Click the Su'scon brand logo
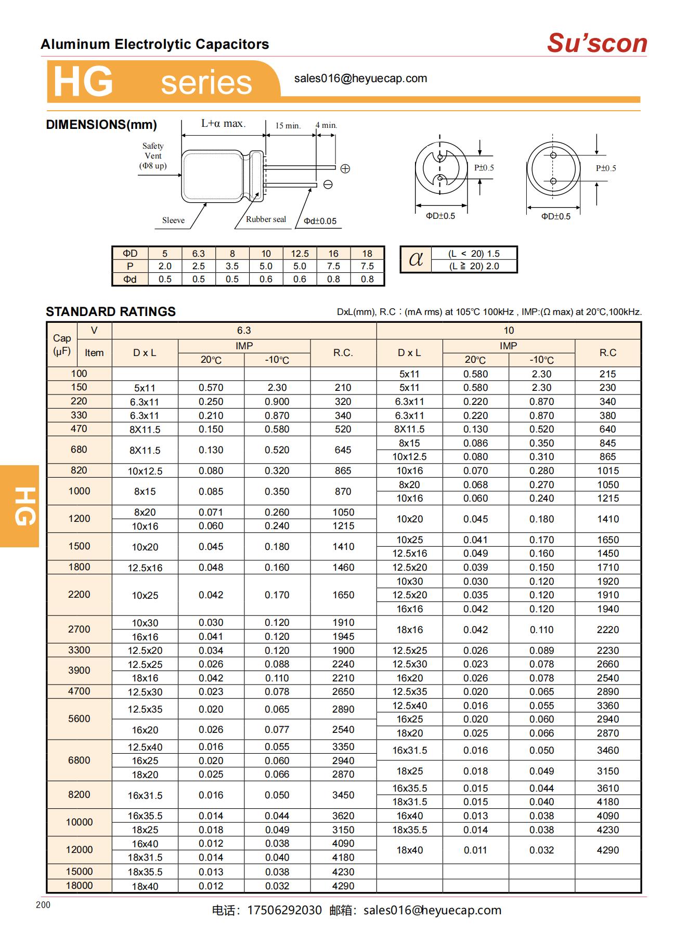tap(596, 43)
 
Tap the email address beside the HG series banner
tap(360, 78)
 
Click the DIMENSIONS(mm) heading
tap(101, 125)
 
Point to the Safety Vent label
tap(153, 156)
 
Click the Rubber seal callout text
tap(266, 219)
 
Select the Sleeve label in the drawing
tap(173, 220)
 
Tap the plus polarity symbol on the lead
tap(345, 168)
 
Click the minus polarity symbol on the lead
tap(328, 185)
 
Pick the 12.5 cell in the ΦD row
tap(300, 254)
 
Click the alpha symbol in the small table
tap(416, 259)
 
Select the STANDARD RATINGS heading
tap(111, 312)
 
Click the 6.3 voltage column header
tap(244, 331)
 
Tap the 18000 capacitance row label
tap(79, 885)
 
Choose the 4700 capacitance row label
tap(79, 691)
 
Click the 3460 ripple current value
tap(607, 751)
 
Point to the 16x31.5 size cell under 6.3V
tap(145, 795)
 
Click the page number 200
tap(43, 905)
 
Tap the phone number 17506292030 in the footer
tap(284, 910)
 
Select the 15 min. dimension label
tap(288, 126)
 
